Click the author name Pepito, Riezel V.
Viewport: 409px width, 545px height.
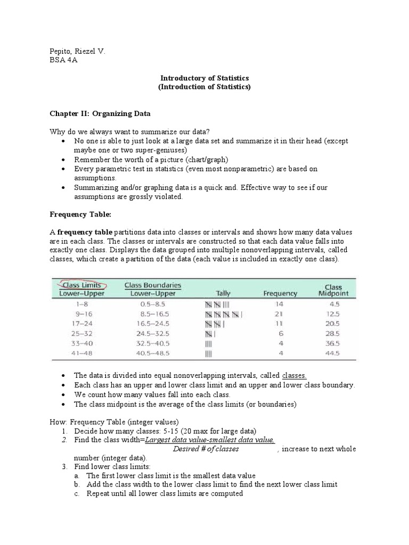[77, 51]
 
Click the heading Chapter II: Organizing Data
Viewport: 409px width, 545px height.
[100, 113]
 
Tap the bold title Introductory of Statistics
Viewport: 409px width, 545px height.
[204, 78]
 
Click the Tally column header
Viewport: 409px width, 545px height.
[223, 293]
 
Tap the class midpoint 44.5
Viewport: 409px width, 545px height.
[333, 353]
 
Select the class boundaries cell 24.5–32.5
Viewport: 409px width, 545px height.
[153, 334]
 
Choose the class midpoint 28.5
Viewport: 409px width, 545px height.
[333, 334]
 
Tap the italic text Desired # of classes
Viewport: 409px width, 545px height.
[206, 449]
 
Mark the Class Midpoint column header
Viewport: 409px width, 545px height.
[333, 290]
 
